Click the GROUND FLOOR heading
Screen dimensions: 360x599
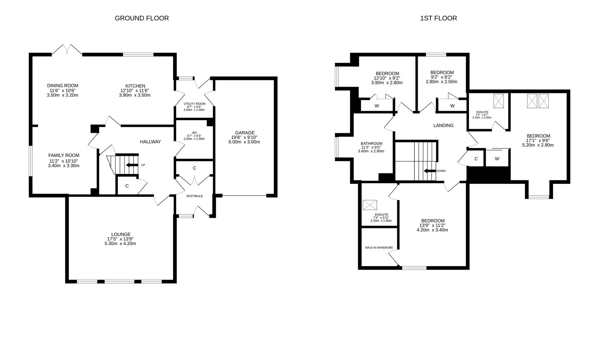[x=142, y=18]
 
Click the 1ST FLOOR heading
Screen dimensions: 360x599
[x=438, y=18]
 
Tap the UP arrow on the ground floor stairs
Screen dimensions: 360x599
[x=132, y=165]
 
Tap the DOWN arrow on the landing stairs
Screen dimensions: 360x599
[x=430, y=171]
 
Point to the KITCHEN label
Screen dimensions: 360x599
[x=135, y=86]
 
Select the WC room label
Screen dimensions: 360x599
[x=194, y=132]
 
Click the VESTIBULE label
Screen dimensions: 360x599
[x=194, y=196]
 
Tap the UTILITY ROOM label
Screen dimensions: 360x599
[x=194, y=104]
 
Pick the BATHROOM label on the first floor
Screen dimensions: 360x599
[x=371, y=144]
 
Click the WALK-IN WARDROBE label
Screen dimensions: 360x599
[x=379, y=248]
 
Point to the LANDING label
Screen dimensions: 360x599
[x=443, y=126]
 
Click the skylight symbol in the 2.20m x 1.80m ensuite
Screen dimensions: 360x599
[x=369, y=205]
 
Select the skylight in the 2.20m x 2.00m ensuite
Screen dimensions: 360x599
[x=498, y=101]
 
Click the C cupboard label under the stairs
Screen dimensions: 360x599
[x=127, y=186]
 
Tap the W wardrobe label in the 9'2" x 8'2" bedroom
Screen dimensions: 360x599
[x=452, y=106]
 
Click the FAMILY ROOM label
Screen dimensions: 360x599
[x=64, y=155]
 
